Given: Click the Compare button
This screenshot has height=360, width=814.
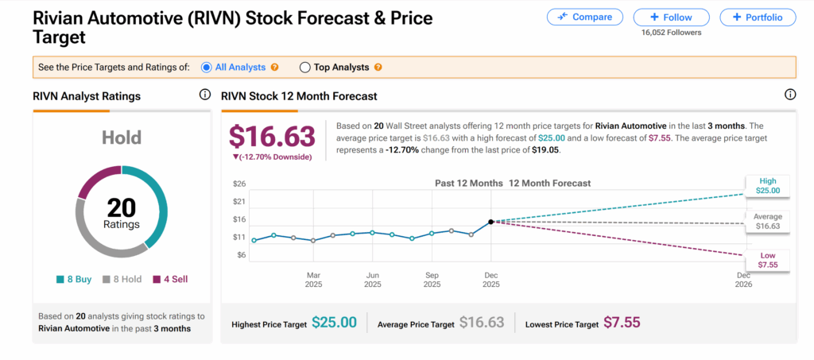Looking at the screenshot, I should tap(584, 17).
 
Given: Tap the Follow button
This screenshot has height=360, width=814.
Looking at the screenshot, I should tap(671, 17).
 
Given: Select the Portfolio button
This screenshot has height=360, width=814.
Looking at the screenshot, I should tap(758, 17).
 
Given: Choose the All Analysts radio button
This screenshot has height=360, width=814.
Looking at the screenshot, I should tap(207, 68).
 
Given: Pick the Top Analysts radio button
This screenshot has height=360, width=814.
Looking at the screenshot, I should tap(304, 68).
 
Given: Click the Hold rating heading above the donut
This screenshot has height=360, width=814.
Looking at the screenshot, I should tap(121, 137).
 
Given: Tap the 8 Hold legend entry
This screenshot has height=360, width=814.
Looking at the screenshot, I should tap(122, 279).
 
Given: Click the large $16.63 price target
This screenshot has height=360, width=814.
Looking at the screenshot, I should tap(273, 137).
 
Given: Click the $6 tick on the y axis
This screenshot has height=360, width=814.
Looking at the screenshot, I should tap(239, 255).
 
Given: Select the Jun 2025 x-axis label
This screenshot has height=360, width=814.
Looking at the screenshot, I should tap(372, 279).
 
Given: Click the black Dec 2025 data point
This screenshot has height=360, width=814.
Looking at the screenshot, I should tap(491, 222).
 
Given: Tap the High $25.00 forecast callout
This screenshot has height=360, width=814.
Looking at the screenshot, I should tap(767, 185).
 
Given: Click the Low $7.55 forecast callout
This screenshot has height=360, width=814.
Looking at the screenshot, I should tap(767, 259).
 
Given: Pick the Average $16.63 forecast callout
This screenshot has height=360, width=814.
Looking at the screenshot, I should tap(767, 222).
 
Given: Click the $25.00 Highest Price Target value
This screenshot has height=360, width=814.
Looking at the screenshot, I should tap(334, 323).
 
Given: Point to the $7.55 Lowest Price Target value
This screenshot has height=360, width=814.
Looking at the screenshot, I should tap(621, 323).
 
